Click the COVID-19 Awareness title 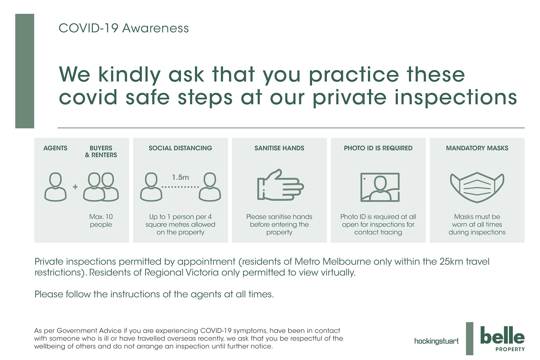[124, 28]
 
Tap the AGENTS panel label [55, 148]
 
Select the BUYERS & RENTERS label [101, 151]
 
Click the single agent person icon [55, 187]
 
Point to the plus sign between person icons [75, 187]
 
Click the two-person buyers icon [101, 187]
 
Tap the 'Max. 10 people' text [101, 220]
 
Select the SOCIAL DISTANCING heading [180, 148]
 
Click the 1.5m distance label [181, 177]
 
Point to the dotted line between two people [180, 187]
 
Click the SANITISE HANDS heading [279, 148]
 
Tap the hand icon [280, 185]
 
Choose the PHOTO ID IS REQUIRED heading [378, 148]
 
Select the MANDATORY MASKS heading [477, 148]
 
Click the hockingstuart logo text [436, 341]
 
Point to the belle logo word [502, 335]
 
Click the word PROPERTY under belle [510, 349]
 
